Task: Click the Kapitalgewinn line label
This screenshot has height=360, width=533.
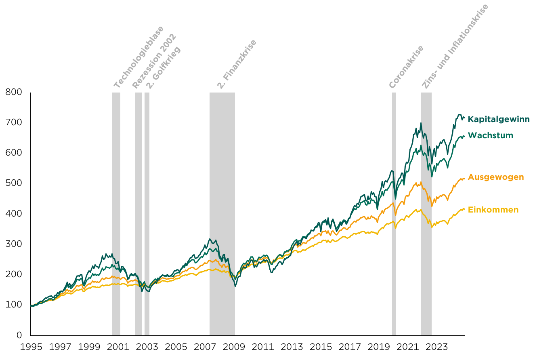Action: tap(499, 120)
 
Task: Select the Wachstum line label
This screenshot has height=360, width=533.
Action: tap(490, 135)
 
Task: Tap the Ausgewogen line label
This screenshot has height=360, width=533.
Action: tap(496, 177)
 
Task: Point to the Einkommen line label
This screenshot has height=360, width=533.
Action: tap(493, 210)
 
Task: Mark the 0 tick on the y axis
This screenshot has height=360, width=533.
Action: tap(19, 335)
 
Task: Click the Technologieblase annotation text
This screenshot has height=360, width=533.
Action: tap(139, 57)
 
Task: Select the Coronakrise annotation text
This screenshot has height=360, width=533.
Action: tap(406, 67)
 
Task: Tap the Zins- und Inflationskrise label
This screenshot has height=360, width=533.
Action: tap(455, 46)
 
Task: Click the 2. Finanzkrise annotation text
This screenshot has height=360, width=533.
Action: tap(237, 64)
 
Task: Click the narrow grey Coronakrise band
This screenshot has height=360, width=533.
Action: tap(394, 214)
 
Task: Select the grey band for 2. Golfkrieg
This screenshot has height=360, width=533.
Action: tap(147, 214)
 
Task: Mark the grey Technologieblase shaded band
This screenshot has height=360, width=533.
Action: tap(116, 214)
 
